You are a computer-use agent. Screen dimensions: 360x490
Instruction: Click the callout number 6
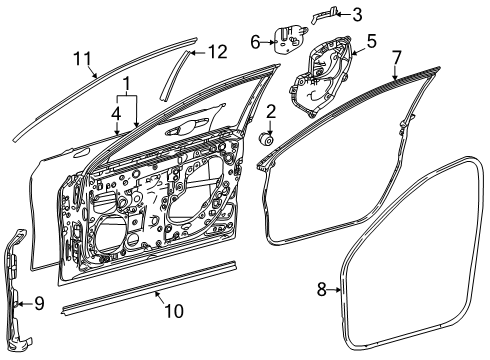[254, 41]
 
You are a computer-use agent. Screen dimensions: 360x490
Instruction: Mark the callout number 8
[322, 289]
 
